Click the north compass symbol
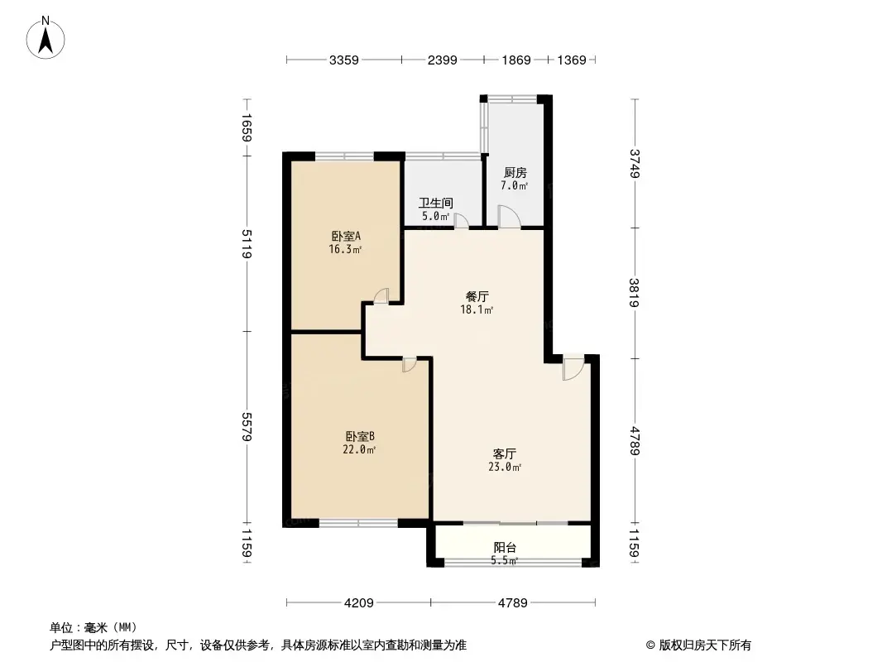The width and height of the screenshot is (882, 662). (48, 37)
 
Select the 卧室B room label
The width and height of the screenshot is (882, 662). (361, 436)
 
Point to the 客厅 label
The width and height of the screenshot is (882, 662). (505, 453)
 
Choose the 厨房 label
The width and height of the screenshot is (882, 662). (515, 173)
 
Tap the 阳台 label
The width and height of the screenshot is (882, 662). (506, 547)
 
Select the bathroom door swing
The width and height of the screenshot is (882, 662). (461, 220)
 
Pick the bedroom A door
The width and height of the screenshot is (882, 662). (381, 295)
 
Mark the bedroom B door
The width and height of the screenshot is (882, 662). (409, 364)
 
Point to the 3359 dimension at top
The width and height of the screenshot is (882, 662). (343, 60)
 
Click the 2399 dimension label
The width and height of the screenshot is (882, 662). (443, 60)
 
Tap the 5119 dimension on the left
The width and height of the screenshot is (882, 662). (247, 244)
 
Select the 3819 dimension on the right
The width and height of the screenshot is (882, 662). (635, 293)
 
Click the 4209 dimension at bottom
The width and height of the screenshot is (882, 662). (357, 602)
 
